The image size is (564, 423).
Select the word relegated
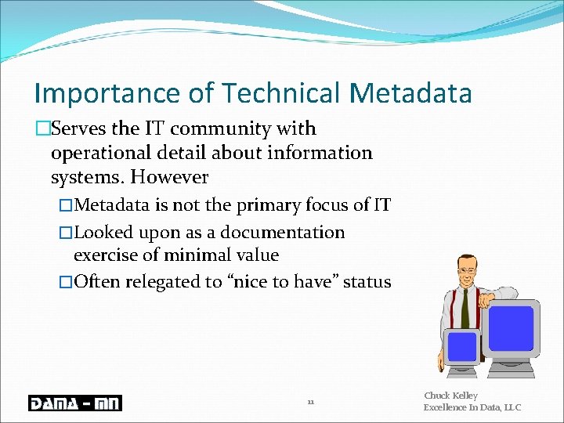click(164, 282)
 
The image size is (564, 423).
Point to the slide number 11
click(310, 403)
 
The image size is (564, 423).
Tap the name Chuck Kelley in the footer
click(450, 396)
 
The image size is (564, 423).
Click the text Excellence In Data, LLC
click(472, 407)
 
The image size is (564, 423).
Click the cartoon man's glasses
click(467, 270)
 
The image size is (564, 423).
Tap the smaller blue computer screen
click(462, 346)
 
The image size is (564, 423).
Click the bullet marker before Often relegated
click(66, 282)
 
